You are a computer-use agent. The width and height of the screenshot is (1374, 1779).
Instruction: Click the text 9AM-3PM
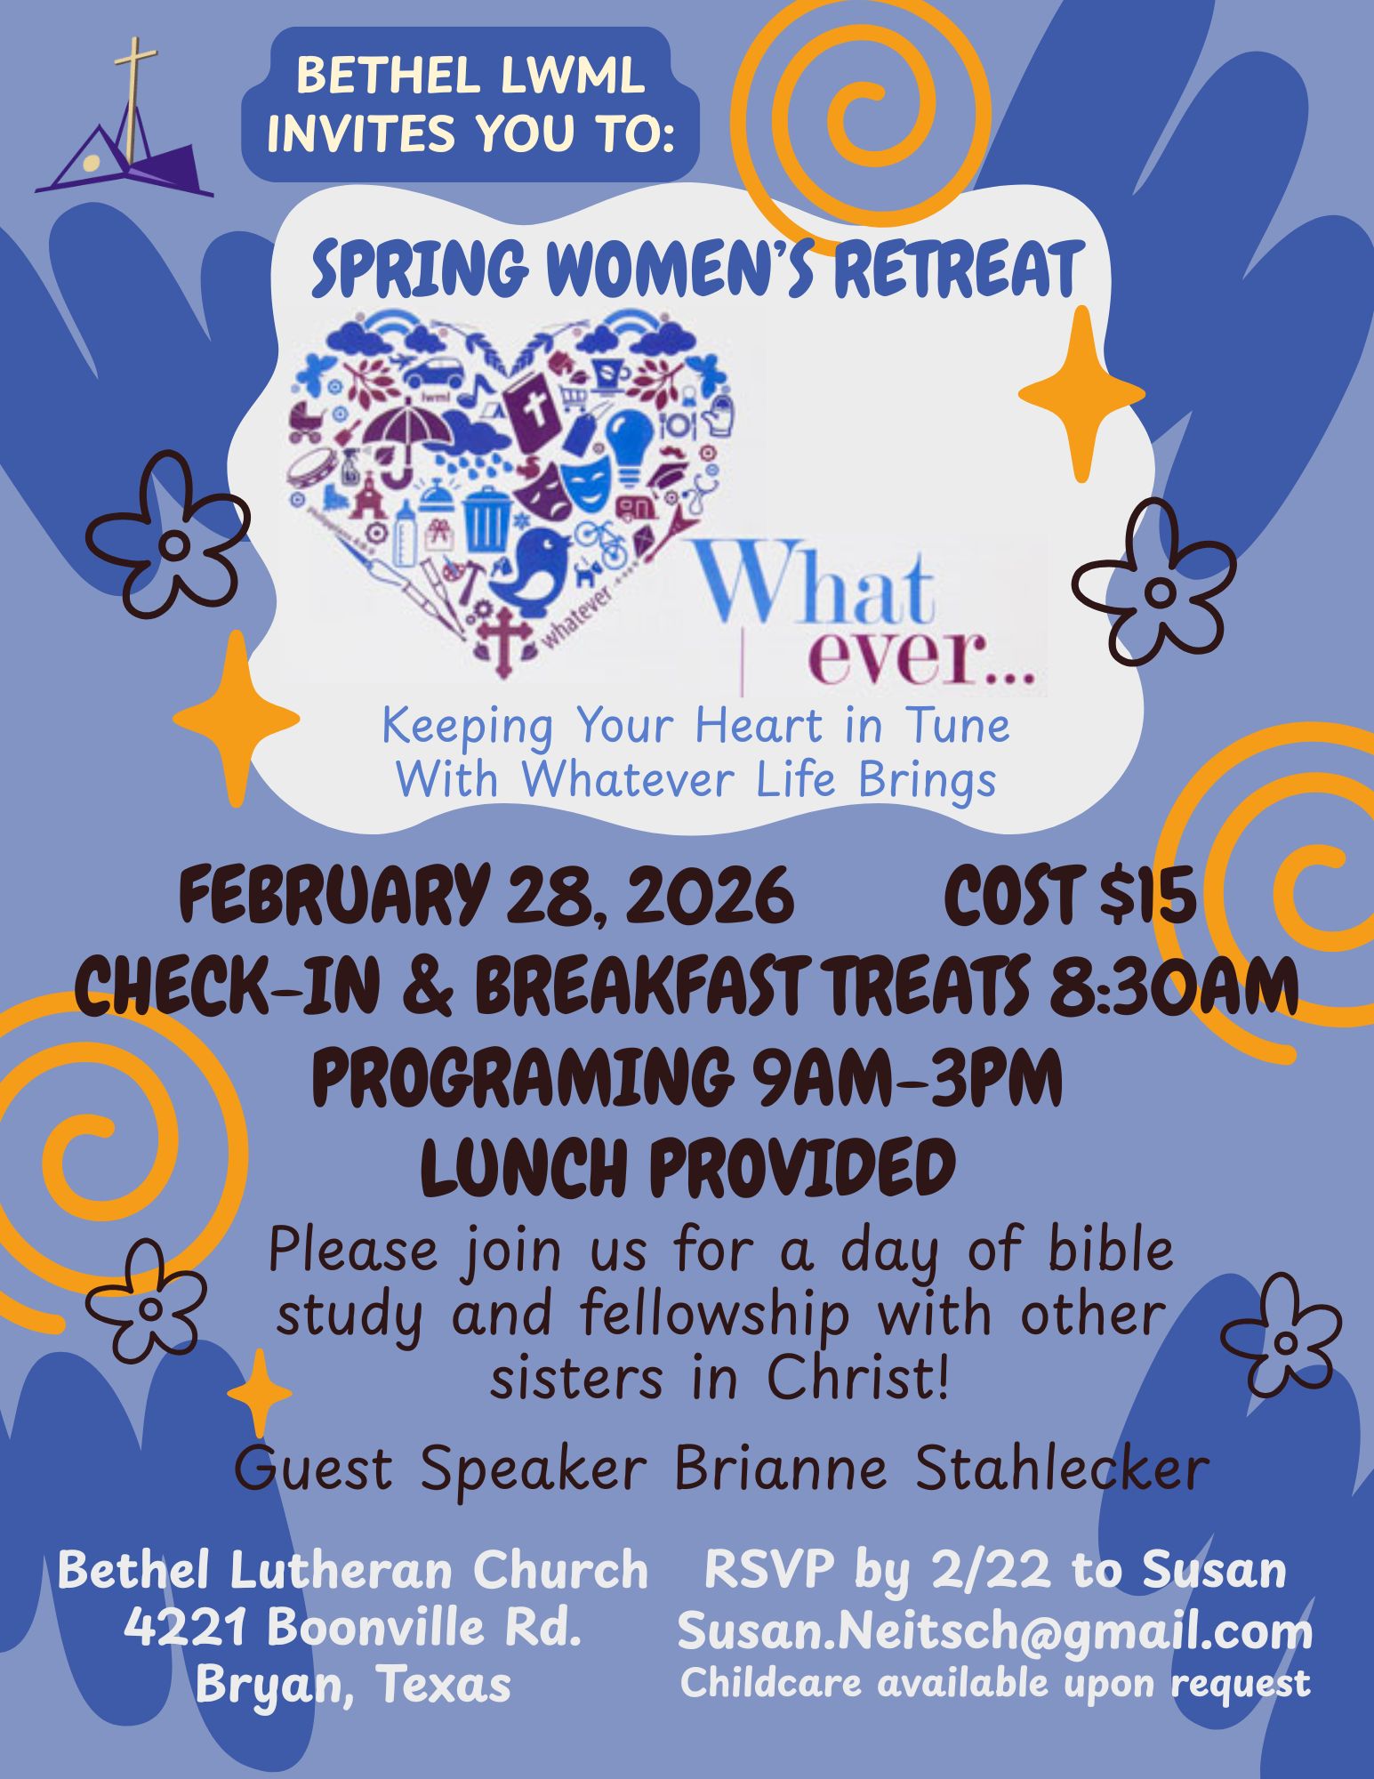point(906,1077)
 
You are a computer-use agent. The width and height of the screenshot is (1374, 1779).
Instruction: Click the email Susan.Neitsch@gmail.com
point(995,1631)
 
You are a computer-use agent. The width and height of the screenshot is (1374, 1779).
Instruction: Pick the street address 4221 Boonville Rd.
point(353,1627)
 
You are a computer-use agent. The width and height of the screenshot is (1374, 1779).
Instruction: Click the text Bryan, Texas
point(353,1683)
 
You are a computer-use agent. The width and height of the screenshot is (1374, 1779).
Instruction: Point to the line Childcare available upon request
point(995,1683)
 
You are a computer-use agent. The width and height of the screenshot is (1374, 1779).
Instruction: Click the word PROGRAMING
point(520,1077)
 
